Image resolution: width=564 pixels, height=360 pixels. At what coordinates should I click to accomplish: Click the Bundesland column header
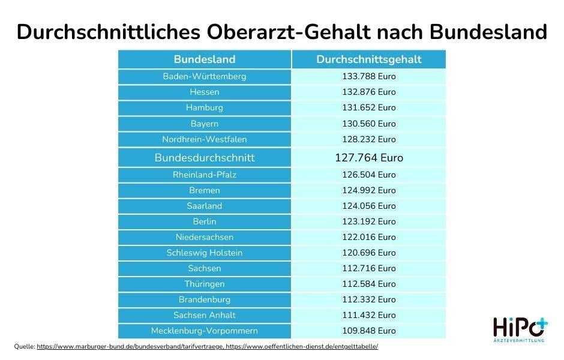pos(205,59)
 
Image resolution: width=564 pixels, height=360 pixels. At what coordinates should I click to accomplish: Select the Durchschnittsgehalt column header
pos(368,59)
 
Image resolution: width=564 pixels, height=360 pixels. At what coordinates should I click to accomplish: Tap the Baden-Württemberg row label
pos(205,77)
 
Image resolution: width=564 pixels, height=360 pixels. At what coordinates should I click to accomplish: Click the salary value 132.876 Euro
pos(368,92)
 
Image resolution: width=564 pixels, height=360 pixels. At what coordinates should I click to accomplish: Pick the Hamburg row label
pos(205,108)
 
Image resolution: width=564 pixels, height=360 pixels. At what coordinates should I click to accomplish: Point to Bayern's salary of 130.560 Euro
pos(368,124)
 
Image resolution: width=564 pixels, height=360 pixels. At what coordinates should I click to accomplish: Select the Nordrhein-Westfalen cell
pos(205,139)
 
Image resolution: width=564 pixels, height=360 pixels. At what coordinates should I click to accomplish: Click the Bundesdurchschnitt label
pos(205,158)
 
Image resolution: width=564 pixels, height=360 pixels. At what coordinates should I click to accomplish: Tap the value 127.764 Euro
pos(368,158)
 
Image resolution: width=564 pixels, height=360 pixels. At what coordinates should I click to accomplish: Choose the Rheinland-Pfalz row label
pos(205,175)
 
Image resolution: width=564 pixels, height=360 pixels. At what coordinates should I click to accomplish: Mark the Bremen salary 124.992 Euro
pos(368,191)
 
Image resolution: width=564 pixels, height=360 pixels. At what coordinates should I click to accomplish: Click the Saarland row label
pos(205,206)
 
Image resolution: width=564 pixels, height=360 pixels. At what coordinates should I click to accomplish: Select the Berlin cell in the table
pos(205,222)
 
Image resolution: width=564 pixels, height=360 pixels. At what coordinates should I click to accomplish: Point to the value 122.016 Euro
pos(368,238)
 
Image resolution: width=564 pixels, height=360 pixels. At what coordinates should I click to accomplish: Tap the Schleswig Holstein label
pos(205,253)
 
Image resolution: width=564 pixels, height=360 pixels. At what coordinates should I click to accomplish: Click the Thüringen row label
pos(205,284)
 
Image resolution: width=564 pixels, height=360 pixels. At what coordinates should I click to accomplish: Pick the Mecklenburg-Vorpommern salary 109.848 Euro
pos(368,331)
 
